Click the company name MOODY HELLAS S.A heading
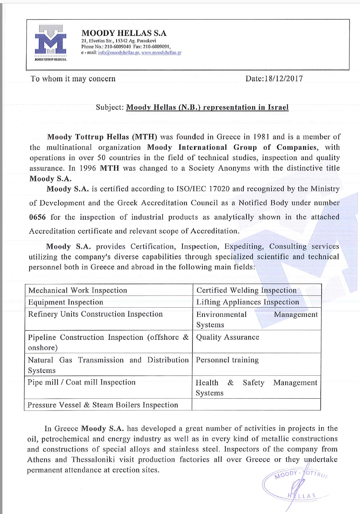click(124, 33)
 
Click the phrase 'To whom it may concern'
click(73, 79)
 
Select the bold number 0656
click(37, 217)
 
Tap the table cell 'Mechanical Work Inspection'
click(78, 290)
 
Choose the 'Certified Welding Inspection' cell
click(246, 290)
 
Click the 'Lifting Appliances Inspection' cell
click(248, 302)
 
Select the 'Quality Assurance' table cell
click(228, 337)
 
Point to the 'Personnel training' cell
click(227, 360)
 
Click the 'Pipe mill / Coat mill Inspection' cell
click(81, 382)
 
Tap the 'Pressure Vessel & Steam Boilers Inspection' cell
click(103, 405)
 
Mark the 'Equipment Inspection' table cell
click(66, 302)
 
